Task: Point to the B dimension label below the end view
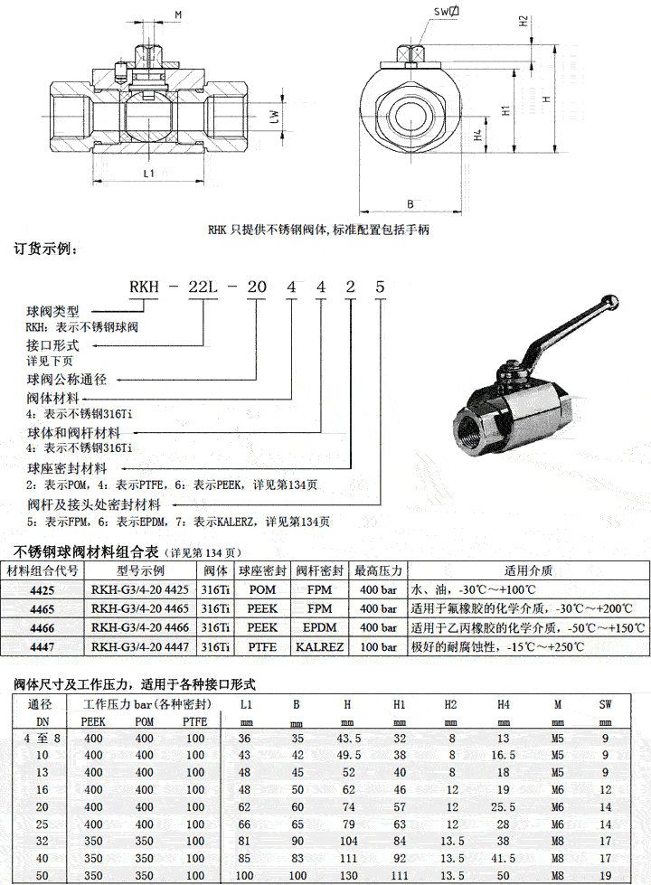[x=410, y=204]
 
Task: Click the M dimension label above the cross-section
[x=177, y=15]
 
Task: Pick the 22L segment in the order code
[x=200, y=287]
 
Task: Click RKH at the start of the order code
[x=144, y=287]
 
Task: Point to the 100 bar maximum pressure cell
[x=378, y=647]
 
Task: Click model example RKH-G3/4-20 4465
[x=139, y=608]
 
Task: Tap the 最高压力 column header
[x=378, y=570]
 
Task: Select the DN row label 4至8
[x=42, y=738]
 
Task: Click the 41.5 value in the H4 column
[x=504, y=857]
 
